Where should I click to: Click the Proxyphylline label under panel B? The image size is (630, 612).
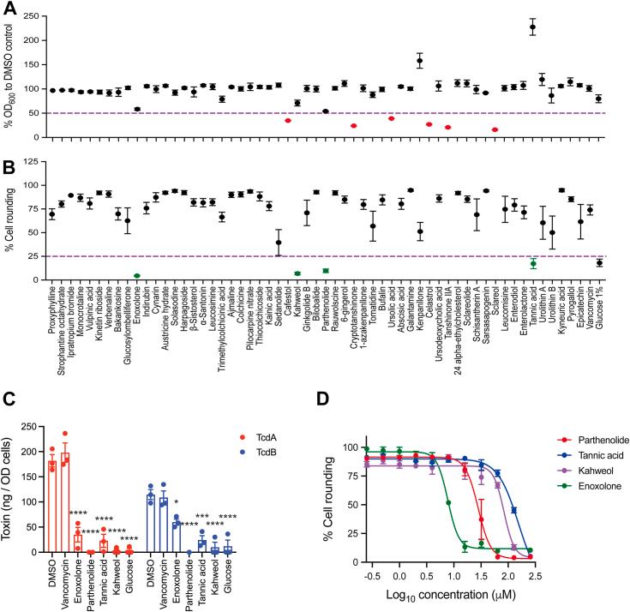tap(53, 317)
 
